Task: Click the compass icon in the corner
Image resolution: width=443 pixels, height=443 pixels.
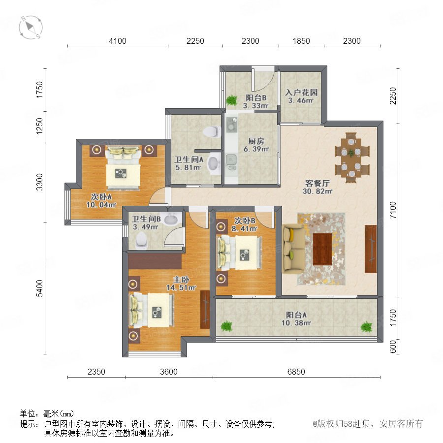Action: click(31, 28)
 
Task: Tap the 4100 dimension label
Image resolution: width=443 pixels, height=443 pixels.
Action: click(118, 41)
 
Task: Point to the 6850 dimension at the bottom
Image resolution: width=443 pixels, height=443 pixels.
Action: click(296, 372)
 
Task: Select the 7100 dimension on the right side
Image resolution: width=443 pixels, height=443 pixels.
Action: click(393, 210)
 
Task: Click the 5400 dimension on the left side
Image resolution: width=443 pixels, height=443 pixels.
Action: click(40, 288)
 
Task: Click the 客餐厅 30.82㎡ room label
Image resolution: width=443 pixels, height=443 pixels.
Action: click(317, 187)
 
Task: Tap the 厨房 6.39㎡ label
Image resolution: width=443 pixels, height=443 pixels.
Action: click(256, 145)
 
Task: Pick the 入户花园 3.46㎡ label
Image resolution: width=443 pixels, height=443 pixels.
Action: click(301, 96)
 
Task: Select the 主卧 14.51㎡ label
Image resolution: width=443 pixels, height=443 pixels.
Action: click(181, 284)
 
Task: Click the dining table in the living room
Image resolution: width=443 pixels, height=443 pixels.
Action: click(351, 158)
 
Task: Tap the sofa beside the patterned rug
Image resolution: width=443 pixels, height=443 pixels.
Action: click(293, 249)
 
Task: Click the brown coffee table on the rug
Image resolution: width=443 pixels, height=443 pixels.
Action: click(322, 249)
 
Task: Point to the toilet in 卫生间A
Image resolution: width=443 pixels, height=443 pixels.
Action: click(212, 131)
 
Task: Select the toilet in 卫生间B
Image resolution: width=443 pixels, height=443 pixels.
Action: click(141, 241)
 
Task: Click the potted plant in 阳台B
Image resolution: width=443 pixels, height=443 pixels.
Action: click(232, 100)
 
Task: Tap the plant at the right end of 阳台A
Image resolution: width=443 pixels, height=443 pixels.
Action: click(366, 326)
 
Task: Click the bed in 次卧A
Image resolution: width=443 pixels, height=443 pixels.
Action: click(123, 167)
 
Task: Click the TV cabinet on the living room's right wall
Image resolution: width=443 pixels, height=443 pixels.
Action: click(371, 249)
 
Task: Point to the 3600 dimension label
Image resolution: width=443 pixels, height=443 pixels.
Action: click(169, 372)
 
